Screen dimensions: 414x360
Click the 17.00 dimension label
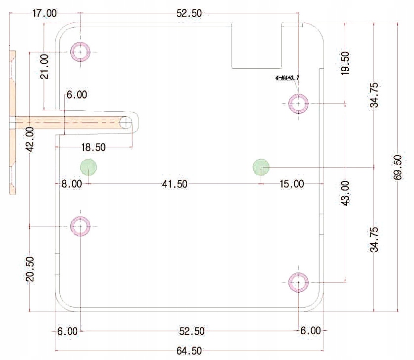45,13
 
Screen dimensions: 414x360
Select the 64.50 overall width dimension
189,351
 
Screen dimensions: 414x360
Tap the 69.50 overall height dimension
397,168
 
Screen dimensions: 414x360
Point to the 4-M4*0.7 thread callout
287,78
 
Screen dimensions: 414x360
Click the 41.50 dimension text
175,184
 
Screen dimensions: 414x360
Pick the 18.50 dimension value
93,147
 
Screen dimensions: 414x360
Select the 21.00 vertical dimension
45,66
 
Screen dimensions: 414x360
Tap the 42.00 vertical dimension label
30,139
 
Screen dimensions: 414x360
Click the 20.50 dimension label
30,269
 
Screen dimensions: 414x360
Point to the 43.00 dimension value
345,193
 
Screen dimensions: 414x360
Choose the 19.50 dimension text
345,63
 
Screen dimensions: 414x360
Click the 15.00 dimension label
291,184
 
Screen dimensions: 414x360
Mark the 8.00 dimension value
72,183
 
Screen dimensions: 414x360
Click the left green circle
89,167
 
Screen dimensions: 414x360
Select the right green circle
261,167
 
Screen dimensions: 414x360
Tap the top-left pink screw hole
80,52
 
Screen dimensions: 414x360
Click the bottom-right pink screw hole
298,282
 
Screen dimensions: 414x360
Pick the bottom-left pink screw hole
80,226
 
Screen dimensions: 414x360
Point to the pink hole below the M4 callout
298,104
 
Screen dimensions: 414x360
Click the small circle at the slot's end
126,123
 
